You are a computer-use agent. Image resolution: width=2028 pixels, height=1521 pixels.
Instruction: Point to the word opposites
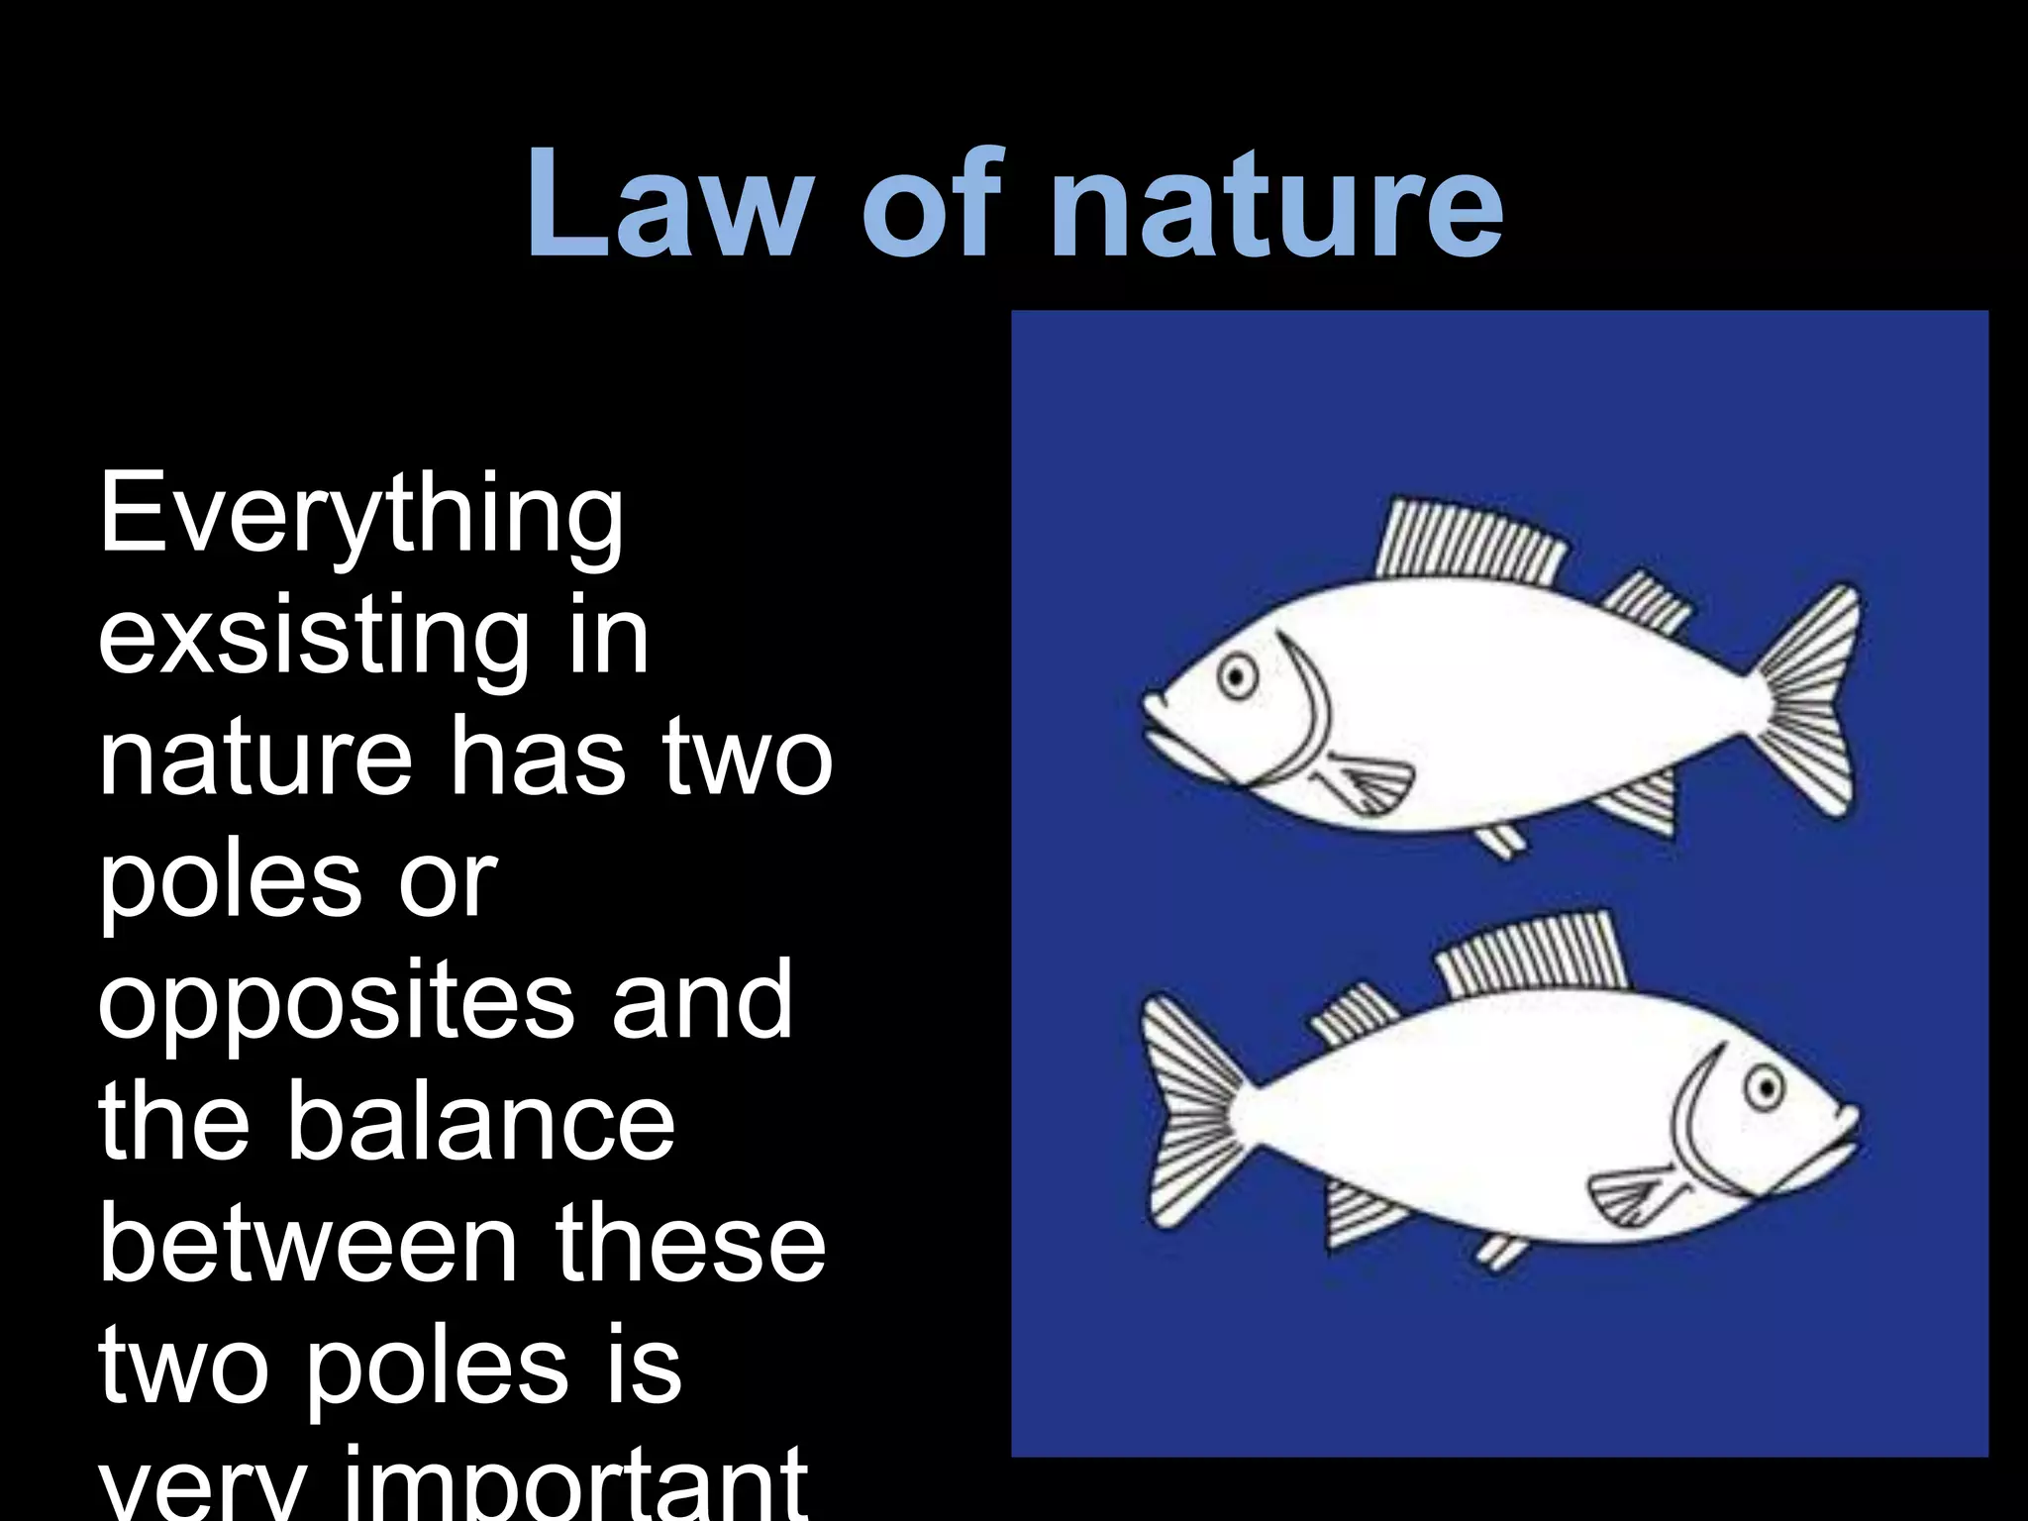[337, 1002]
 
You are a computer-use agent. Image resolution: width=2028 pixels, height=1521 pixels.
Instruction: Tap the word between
[308, 1243]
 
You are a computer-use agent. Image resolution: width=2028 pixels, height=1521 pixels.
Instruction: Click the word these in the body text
[690, 1243]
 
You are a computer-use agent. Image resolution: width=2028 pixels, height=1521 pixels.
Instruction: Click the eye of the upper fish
[1237, 677]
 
